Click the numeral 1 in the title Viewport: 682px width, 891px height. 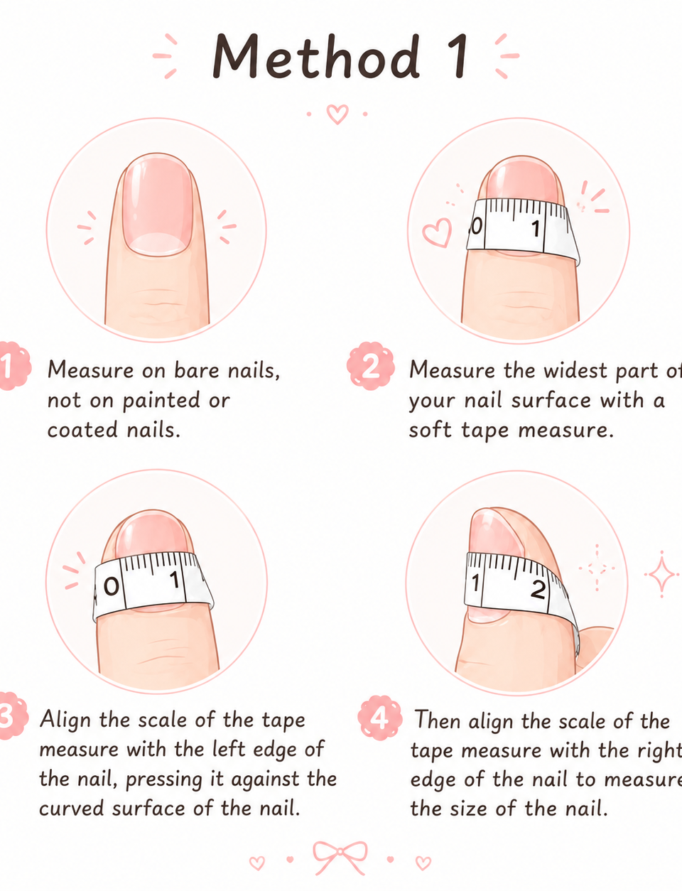(458, 56)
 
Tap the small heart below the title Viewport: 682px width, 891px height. (337, 114)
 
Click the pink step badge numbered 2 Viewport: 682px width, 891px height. (371, 366)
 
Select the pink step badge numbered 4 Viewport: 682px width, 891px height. (380, 718)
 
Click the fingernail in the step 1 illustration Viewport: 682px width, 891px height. (158, 205)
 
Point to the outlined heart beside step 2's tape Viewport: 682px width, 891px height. (437, 232)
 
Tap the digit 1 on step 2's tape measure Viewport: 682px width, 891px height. (535, 228)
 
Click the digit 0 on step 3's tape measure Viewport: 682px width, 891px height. (111, 587)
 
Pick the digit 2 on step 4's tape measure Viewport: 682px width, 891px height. (537, 590)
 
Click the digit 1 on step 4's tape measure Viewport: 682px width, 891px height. (475, 583)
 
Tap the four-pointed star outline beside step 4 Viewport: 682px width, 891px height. (661, 574)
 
